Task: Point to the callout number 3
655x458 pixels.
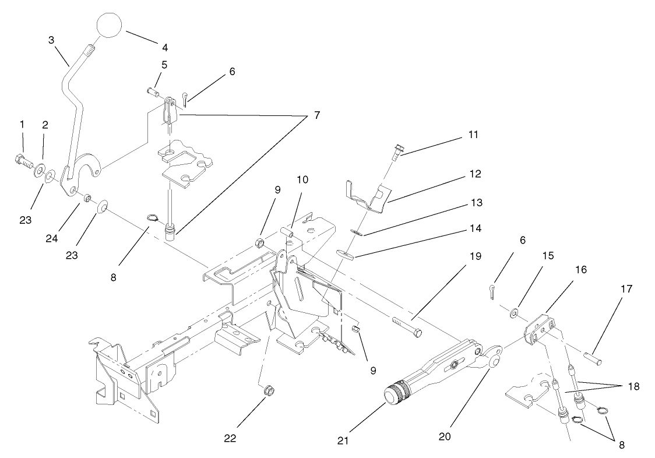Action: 51,40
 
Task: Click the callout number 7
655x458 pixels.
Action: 317,115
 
